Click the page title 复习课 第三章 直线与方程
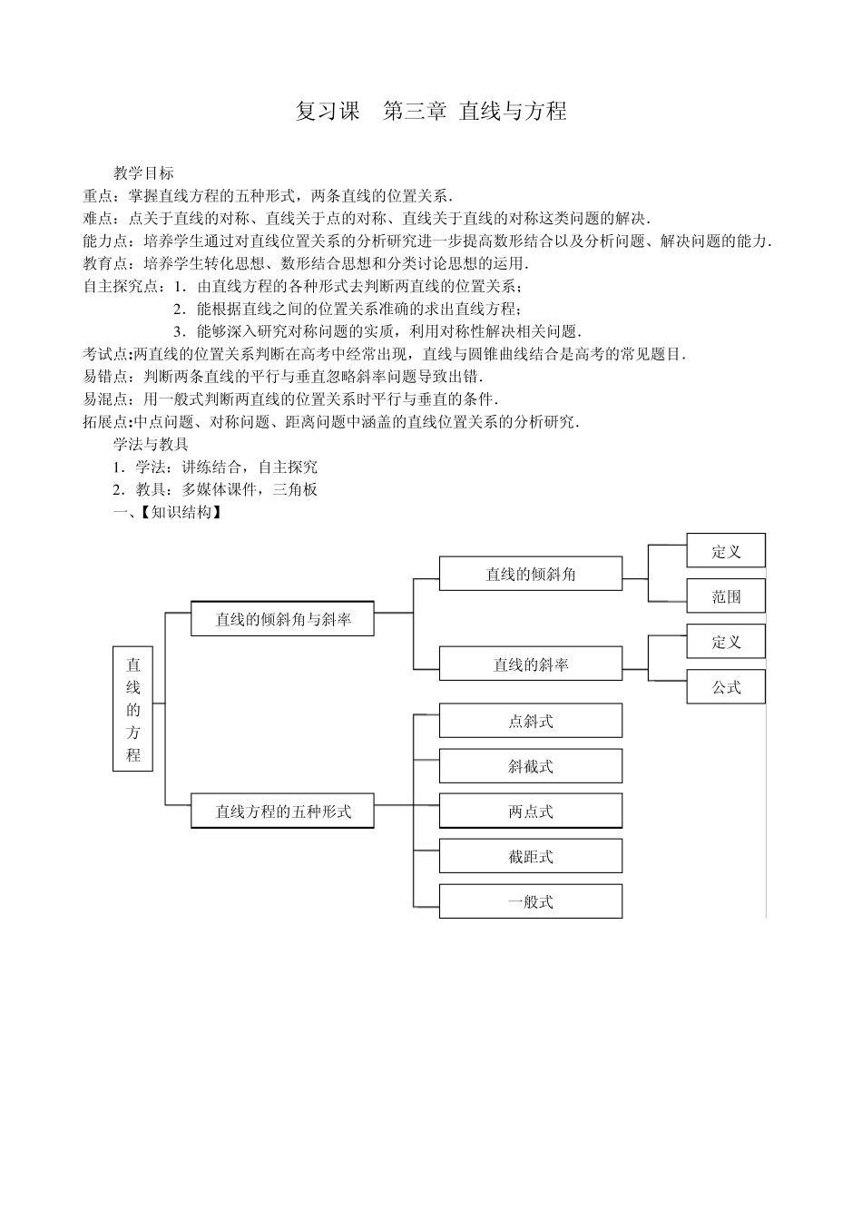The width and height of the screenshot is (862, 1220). coord(431,111)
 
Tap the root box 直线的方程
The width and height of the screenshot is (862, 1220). coord(132,709)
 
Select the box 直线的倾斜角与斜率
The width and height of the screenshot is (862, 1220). coord(282,619)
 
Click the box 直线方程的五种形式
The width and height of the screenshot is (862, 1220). coord(282,811)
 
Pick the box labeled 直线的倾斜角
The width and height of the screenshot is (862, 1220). coord(531,574)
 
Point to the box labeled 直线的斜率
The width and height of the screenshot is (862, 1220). coord(531,664)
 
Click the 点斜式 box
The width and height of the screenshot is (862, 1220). coord(531,721)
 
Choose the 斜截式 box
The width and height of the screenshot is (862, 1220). coord(531,766)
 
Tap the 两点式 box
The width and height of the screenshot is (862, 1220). coord(531,812)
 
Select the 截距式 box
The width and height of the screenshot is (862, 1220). coord(531,856)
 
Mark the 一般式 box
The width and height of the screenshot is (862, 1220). coord(531,901)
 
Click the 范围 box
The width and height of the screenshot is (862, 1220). coord(726,596)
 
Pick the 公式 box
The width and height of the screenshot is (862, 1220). coord(726,687)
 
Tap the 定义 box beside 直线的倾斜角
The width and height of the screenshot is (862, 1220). coord(726,551)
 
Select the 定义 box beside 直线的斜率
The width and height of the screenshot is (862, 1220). coord(726,642)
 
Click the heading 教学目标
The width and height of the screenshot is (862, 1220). coord(143,172)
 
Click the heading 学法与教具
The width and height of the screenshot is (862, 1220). coord(151,444)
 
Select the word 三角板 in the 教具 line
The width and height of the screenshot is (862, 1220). coord(294,489)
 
